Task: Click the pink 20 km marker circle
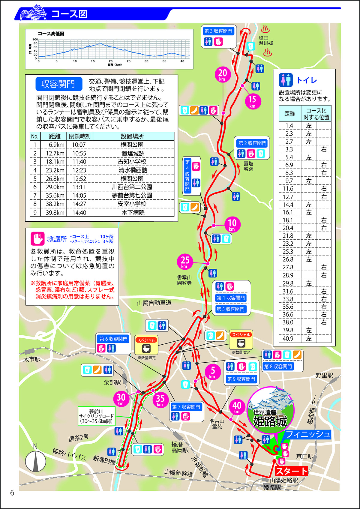pyautogui.click(x=222, y=74)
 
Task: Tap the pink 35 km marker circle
pyautogui.click(x=160, y=400)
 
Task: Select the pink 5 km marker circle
pyautogui.click(x=213, y=372)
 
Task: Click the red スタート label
pyautogui.click(x=292, y=471)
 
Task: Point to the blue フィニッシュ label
pyautogui.click(x=308, y=434)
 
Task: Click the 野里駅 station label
pyautogui.click(x=324, y=375)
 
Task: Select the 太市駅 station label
pyautogui.click(x=32, y=359)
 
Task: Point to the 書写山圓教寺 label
pyautogui.click(x=184, y=280)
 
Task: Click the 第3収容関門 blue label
pyautogui.click(x=218, y=31)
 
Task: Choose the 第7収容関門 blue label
pyautogui.click(x=186, y=407)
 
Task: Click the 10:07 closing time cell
pyautogui.click(x=79, y=145)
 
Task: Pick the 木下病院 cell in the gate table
pyautogui.click(x=133, y=213)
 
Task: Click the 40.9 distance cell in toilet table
pyautogui.click(x=288, y=339)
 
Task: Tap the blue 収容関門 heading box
pyautogui.click(x=58, y=84)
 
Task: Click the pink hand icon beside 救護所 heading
pyautogui.click(x=37, y=239)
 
